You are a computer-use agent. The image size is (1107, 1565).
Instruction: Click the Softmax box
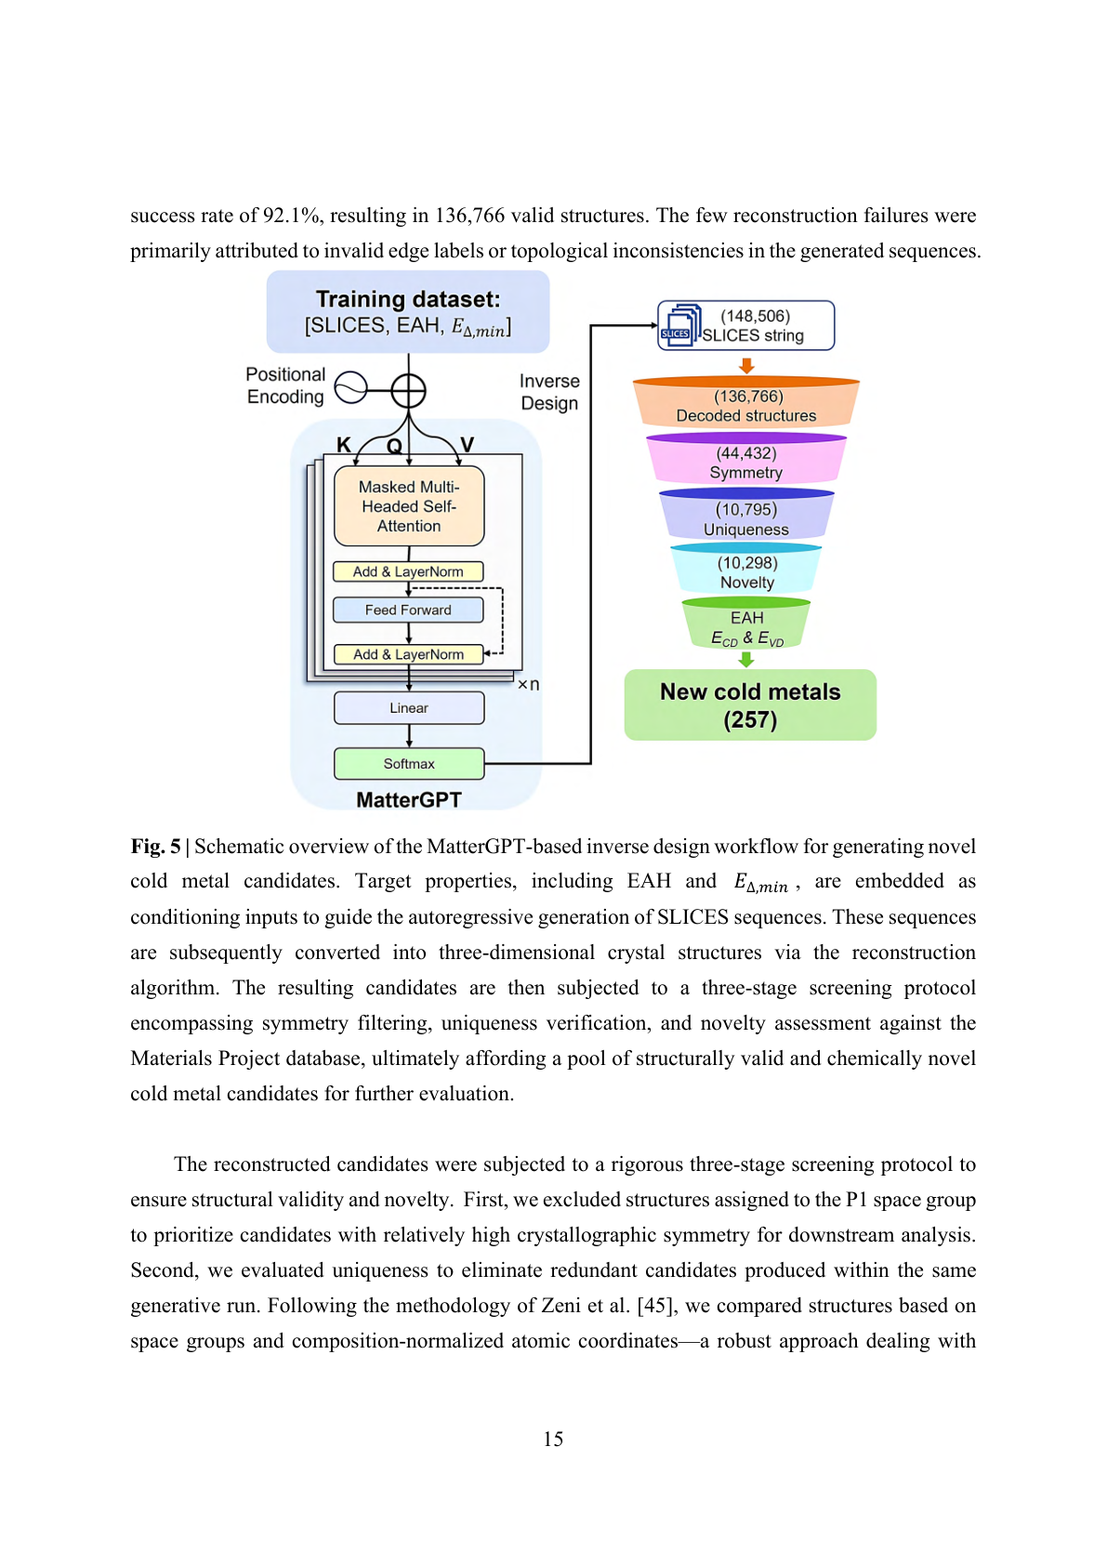click(408, 764)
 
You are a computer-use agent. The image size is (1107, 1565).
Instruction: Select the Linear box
click(408, 708)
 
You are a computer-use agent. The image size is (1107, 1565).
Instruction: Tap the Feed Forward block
click(408, 610)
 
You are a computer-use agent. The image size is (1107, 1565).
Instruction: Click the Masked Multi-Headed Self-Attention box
click(408, 506)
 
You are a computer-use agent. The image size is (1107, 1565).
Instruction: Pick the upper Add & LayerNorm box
click(408, 572)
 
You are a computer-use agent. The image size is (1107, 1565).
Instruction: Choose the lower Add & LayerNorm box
click(408, 654)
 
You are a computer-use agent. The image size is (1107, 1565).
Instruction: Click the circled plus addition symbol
click(408, 390)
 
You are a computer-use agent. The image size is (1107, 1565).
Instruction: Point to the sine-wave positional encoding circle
click(350, 388)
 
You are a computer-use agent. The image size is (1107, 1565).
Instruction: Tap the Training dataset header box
click(408, 312)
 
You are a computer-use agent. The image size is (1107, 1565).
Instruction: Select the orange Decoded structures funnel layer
click(745, 405)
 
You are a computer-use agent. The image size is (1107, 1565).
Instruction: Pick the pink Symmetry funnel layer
click(745, 462)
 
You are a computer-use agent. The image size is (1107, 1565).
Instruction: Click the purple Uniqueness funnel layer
click(745, 519)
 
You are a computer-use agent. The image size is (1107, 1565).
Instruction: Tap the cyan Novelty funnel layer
click(746, 572)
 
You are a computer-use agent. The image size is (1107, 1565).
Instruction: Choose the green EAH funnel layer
click(746, 626)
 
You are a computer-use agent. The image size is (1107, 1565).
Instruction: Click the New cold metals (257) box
click(749, 705)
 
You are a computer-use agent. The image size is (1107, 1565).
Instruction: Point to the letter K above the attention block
click(344, 445)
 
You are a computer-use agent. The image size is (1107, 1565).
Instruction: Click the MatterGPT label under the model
click(408, 800)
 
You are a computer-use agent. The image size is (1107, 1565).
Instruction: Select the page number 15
click(553, 1439)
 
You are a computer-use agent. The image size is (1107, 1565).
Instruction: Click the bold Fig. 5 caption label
click(155, 847)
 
